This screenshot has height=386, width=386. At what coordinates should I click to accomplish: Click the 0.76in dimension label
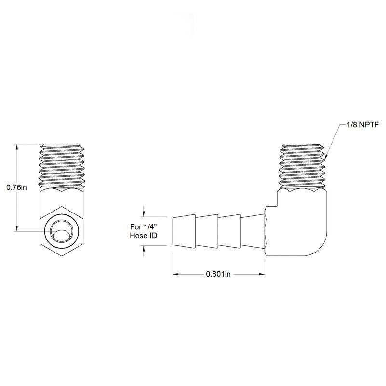click(x=16, y=187)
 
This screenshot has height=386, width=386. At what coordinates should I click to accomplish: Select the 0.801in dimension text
click(x=218, y=274)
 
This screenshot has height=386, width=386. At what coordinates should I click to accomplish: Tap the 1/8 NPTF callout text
click(x=362, y=125)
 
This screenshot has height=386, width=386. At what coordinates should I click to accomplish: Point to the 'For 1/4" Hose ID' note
click(x=144, y=231)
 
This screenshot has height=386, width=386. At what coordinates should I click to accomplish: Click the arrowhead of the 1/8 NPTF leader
click(x=325, y=158)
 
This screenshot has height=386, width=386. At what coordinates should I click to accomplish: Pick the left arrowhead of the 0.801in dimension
click(x=175, y=274)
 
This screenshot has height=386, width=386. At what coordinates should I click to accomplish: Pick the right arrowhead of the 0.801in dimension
click(x=262, y=274)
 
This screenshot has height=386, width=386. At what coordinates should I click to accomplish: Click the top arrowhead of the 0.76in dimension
click(x=17, y=146)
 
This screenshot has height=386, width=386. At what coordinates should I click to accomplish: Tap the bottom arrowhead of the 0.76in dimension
click(x=17, y=228)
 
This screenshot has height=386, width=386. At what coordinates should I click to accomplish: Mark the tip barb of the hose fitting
click(x=184, y=231)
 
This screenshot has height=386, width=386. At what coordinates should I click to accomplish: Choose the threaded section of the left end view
click(x=62, y=166)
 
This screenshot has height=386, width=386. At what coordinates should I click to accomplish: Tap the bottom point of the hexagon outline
click(x=62, y=256)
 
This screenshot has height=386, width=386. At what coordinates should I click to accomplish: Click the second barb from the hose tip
click(x=207, y=231)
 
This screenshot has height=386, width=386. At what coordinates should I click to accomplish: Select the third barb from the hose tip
click(x=229, y=231)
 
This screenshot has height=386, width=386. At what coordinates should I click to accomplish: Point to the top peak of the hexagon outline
click(x=62, y=206)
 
